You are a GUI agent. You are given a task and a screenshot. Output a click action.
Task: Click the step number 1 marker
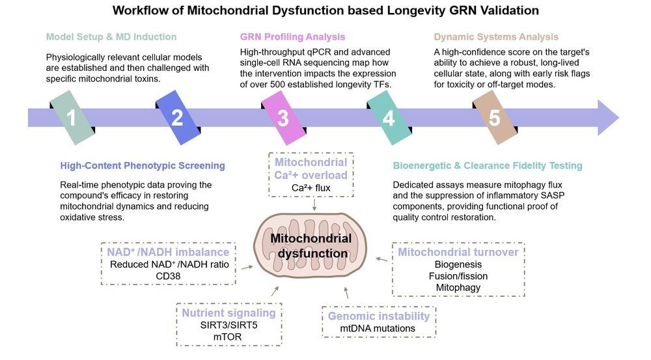72,118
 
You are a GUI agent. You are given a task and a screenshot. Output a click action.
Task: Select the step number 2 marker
177,118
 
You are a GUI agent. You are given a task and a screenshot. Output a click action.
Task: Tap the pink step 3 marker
283,118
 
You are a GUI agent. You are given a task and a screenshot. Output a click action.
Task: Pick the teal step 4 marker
388,118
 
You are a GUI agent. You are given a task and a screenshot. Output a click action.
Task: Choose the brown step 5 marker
494,118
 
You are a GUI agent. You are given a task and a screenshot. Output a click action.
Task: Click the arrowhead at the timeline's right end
607,118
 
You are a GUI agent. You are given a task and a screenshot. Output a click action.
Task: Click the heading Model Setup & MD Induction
111,36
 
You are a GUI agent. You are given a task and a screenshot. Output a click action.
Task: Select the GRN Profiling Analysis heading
292,36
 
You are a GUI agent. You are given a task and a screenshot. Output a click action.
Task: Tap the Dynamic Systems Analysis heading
496,36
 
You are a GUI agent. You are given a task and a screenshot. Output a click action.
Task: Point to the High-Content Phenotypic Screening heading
143,165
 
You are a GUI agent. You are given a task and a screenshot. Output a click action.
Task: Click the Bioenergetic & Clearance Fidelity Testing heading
488,165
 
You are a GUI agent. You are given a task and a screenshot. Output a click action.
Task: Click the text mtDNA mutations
378,328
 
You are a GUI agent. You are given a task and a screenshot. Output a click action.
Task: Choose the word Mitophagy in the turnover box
458,287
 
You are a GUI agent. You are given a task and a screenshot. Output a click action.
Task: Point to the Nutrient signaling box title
228,312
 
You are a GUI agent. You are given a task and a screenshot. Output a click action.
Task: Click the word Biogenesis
458,264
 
